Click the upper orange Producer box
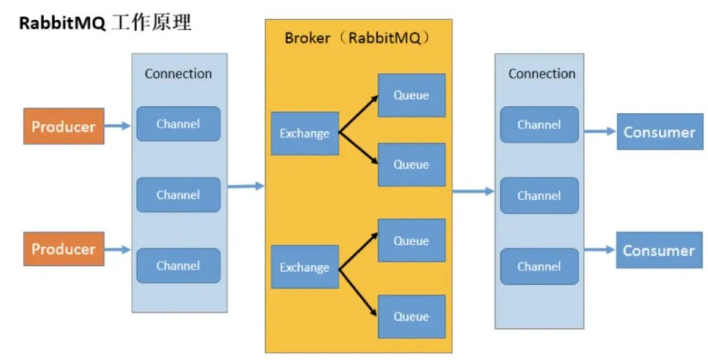point(64,126)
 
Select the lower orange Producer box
point(64,249)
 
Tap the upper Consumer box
point(660,132)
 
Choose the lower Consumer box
point(659,250)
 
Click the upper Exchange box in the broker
point(305,134)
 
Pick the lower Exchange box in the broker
point(305,267)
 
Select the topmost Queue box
point(412,95)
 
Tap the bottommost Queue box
point(412,316)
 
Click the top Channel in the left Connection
point(178,124)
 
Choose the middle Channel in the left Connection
point(178,195)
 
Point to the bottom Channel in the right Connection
point(539,266)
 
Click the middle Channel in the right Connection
point(539,195)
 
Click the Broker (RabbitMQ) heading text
point(357,38)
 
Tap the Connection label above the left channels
point(178,74)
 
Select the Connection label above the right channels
point(542,74)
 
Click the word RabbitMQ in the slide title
point(62,24)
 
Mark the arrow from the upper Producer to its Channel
point(117,126)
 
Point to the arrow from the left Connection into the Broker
point(246,185)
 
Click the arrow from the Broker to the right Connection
point(474,192)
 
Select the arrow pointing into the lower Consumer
point(600,249)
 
